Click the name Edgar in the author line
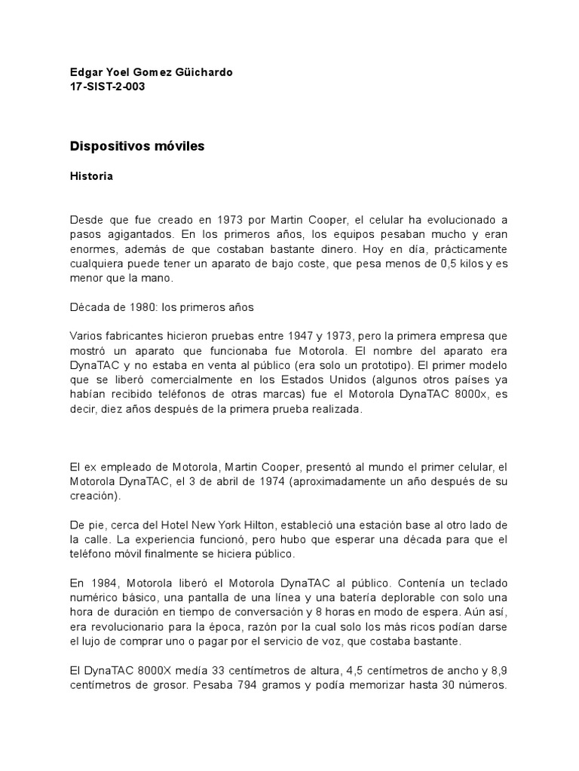(85, 72)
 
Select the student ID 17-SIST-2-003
(107, 87)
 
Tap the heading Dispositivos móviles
(136, 146)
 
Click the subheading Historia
(91, 176)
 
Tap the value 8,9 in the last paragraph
(498, 670)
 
